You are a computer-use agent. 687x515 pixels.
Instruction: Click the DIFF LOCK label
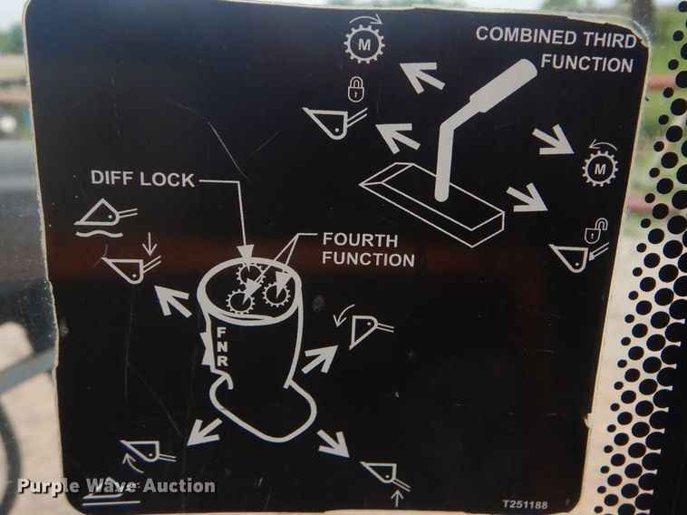[x=142, y=179]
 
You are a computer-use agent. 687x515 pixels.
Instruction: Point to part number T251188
[x=525, y=504]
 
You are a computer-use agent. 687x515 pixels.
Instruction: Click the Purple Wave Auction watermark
[x=117, y=486]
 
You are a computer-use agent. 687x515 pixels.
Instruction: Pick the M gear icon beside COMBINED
[x=363, y=42]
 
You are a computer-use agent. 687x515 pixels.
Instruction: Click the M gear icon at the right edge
[x=599, y=165]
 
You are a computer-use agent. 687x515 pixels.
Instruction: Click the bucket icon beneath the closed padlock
[x=331, y=120]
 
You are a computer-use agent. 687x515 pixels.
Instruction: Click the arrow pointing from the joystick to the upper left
[x=172, y=300]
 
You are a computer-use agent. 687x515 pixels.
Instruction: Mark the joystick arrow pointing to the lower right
[x=333, y=443]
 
